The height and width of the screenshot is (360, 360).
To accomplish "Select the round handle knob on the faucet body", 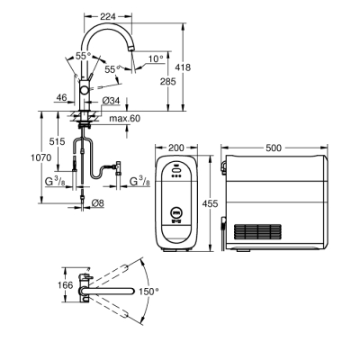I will coord(84,92).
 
